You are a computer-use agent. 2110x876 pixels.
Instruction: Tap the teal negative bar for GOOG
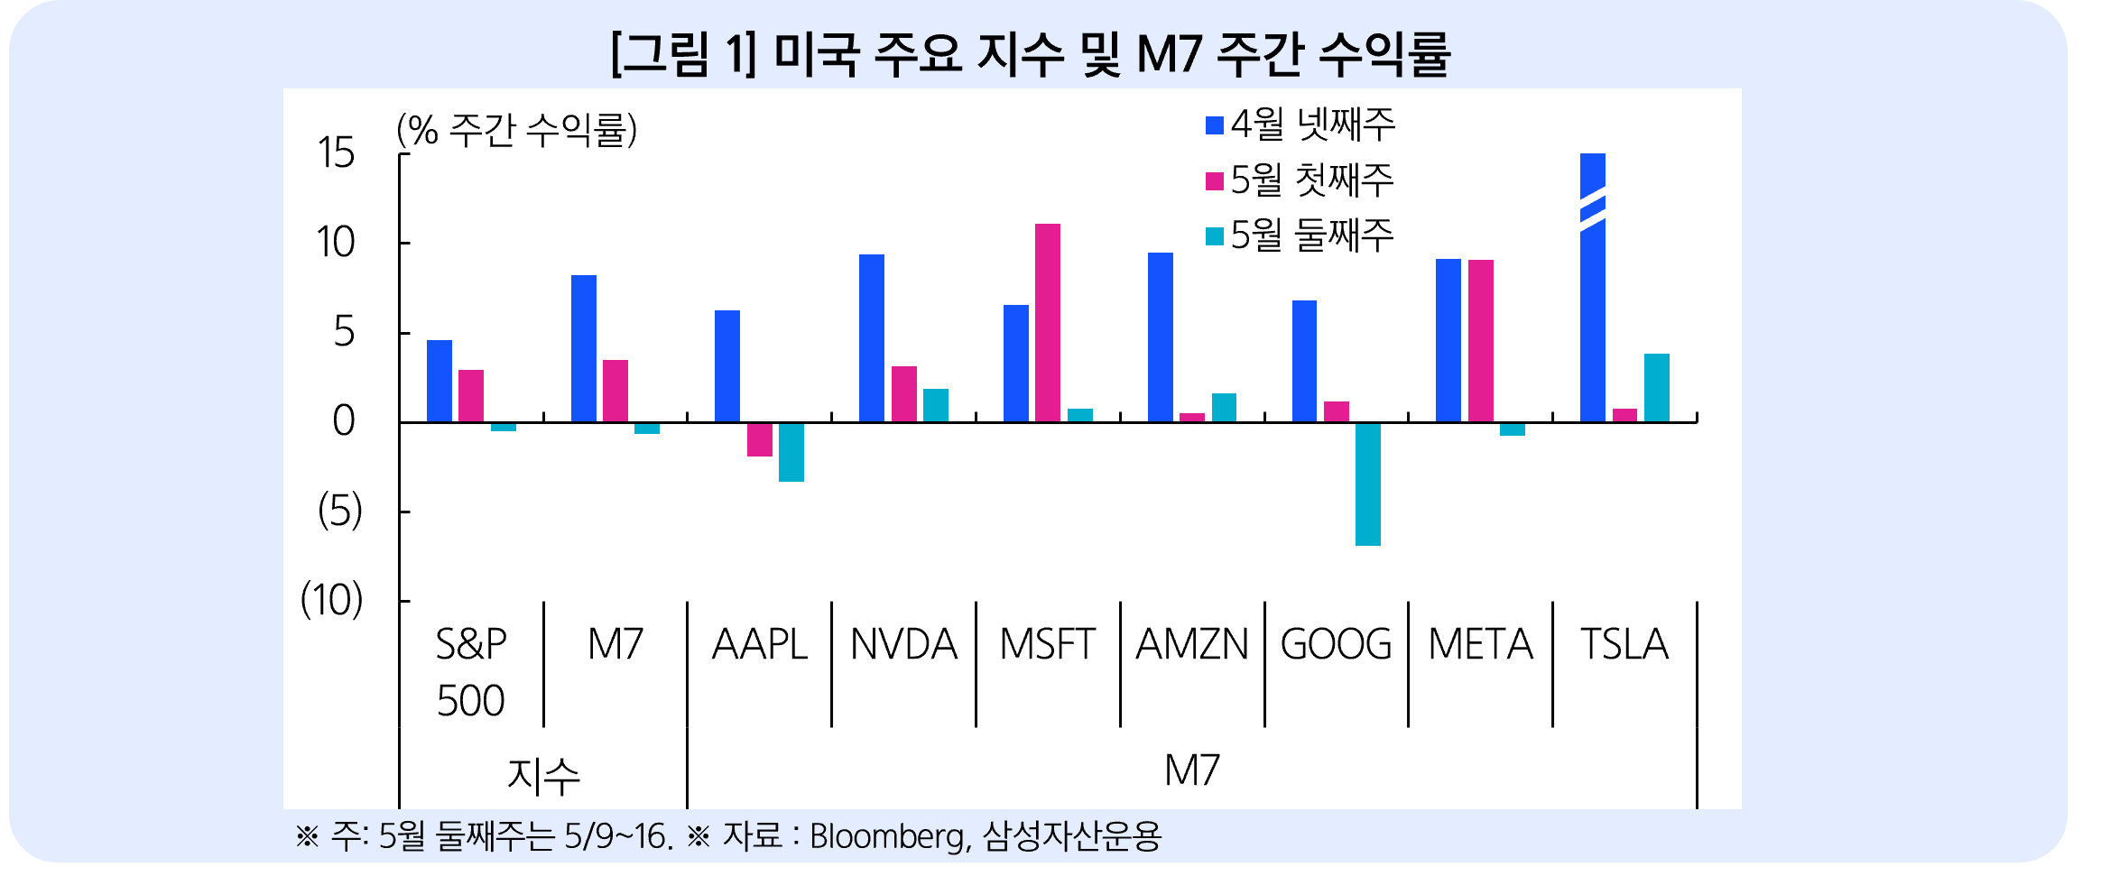click(x=1367, y=484)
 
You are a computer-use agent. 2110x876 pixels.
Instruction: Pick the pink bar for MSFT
click(x=1048, y=322)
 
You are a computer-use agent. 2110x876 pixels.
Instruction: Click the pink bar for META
click(x=1480, y=340)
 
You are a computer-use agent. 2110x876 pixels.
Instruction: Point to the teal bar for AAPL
click(x=791, y=451)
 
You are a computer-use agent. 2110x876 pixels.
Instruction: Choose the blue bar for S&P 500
click(x=440, y=381)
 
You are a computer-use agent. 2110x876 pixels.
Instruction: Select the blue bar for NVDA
click(x=872, y=337)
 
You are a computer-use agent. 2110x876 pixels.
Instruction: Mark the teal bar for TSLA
click(x=1657, y=387)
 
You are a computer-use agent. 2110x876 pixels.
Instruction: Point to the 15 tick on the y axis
click(x=336, y=153)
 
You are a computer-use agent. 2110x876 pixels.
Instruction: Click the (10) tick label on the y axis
click(x=331, y=600)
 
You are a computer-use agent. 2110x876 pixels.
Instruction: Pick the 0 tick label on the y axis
click(x=343, y=421)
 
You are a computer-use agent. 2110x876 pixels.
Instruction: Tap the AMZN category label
click(x=1192, y=644)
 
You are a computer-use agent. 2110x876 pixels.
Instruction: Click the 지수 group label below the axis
click(x=543, y=775)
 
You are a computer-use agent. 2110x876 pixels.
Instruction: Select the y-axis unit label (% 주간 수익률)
click(x=516, y=131)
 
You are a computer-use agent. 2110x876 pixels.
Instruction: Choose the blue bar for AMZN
click(x=1161, y=337)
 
